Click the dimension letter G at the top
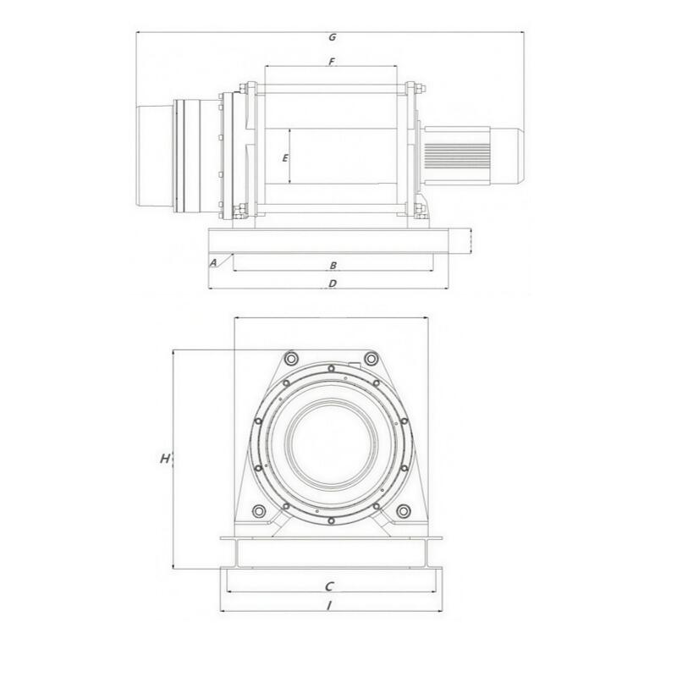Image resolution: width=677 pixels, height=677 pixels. [332, 37]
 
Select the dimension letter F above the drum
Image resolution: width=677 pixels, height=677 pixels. [332, 62]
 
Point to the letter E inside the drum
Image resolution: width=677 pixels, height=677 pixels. [285, 158]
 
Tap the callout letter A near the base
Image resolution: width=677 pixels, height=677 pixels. [213, 262]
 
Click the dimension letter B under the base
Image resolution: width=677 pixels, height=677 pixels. [333, 266]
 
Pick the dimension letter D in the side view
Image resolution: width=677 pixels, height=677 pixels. [333, 283]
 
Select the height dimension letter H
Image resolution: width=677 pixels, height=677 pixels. [165, 459]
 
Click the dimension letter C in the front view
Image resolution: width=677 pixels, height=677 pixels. [329, 586]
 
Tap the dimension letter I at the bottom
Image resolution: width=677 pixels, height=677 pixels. [329, 606]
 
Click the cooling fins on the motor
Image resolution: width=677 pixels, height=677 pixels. [457, 156]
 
